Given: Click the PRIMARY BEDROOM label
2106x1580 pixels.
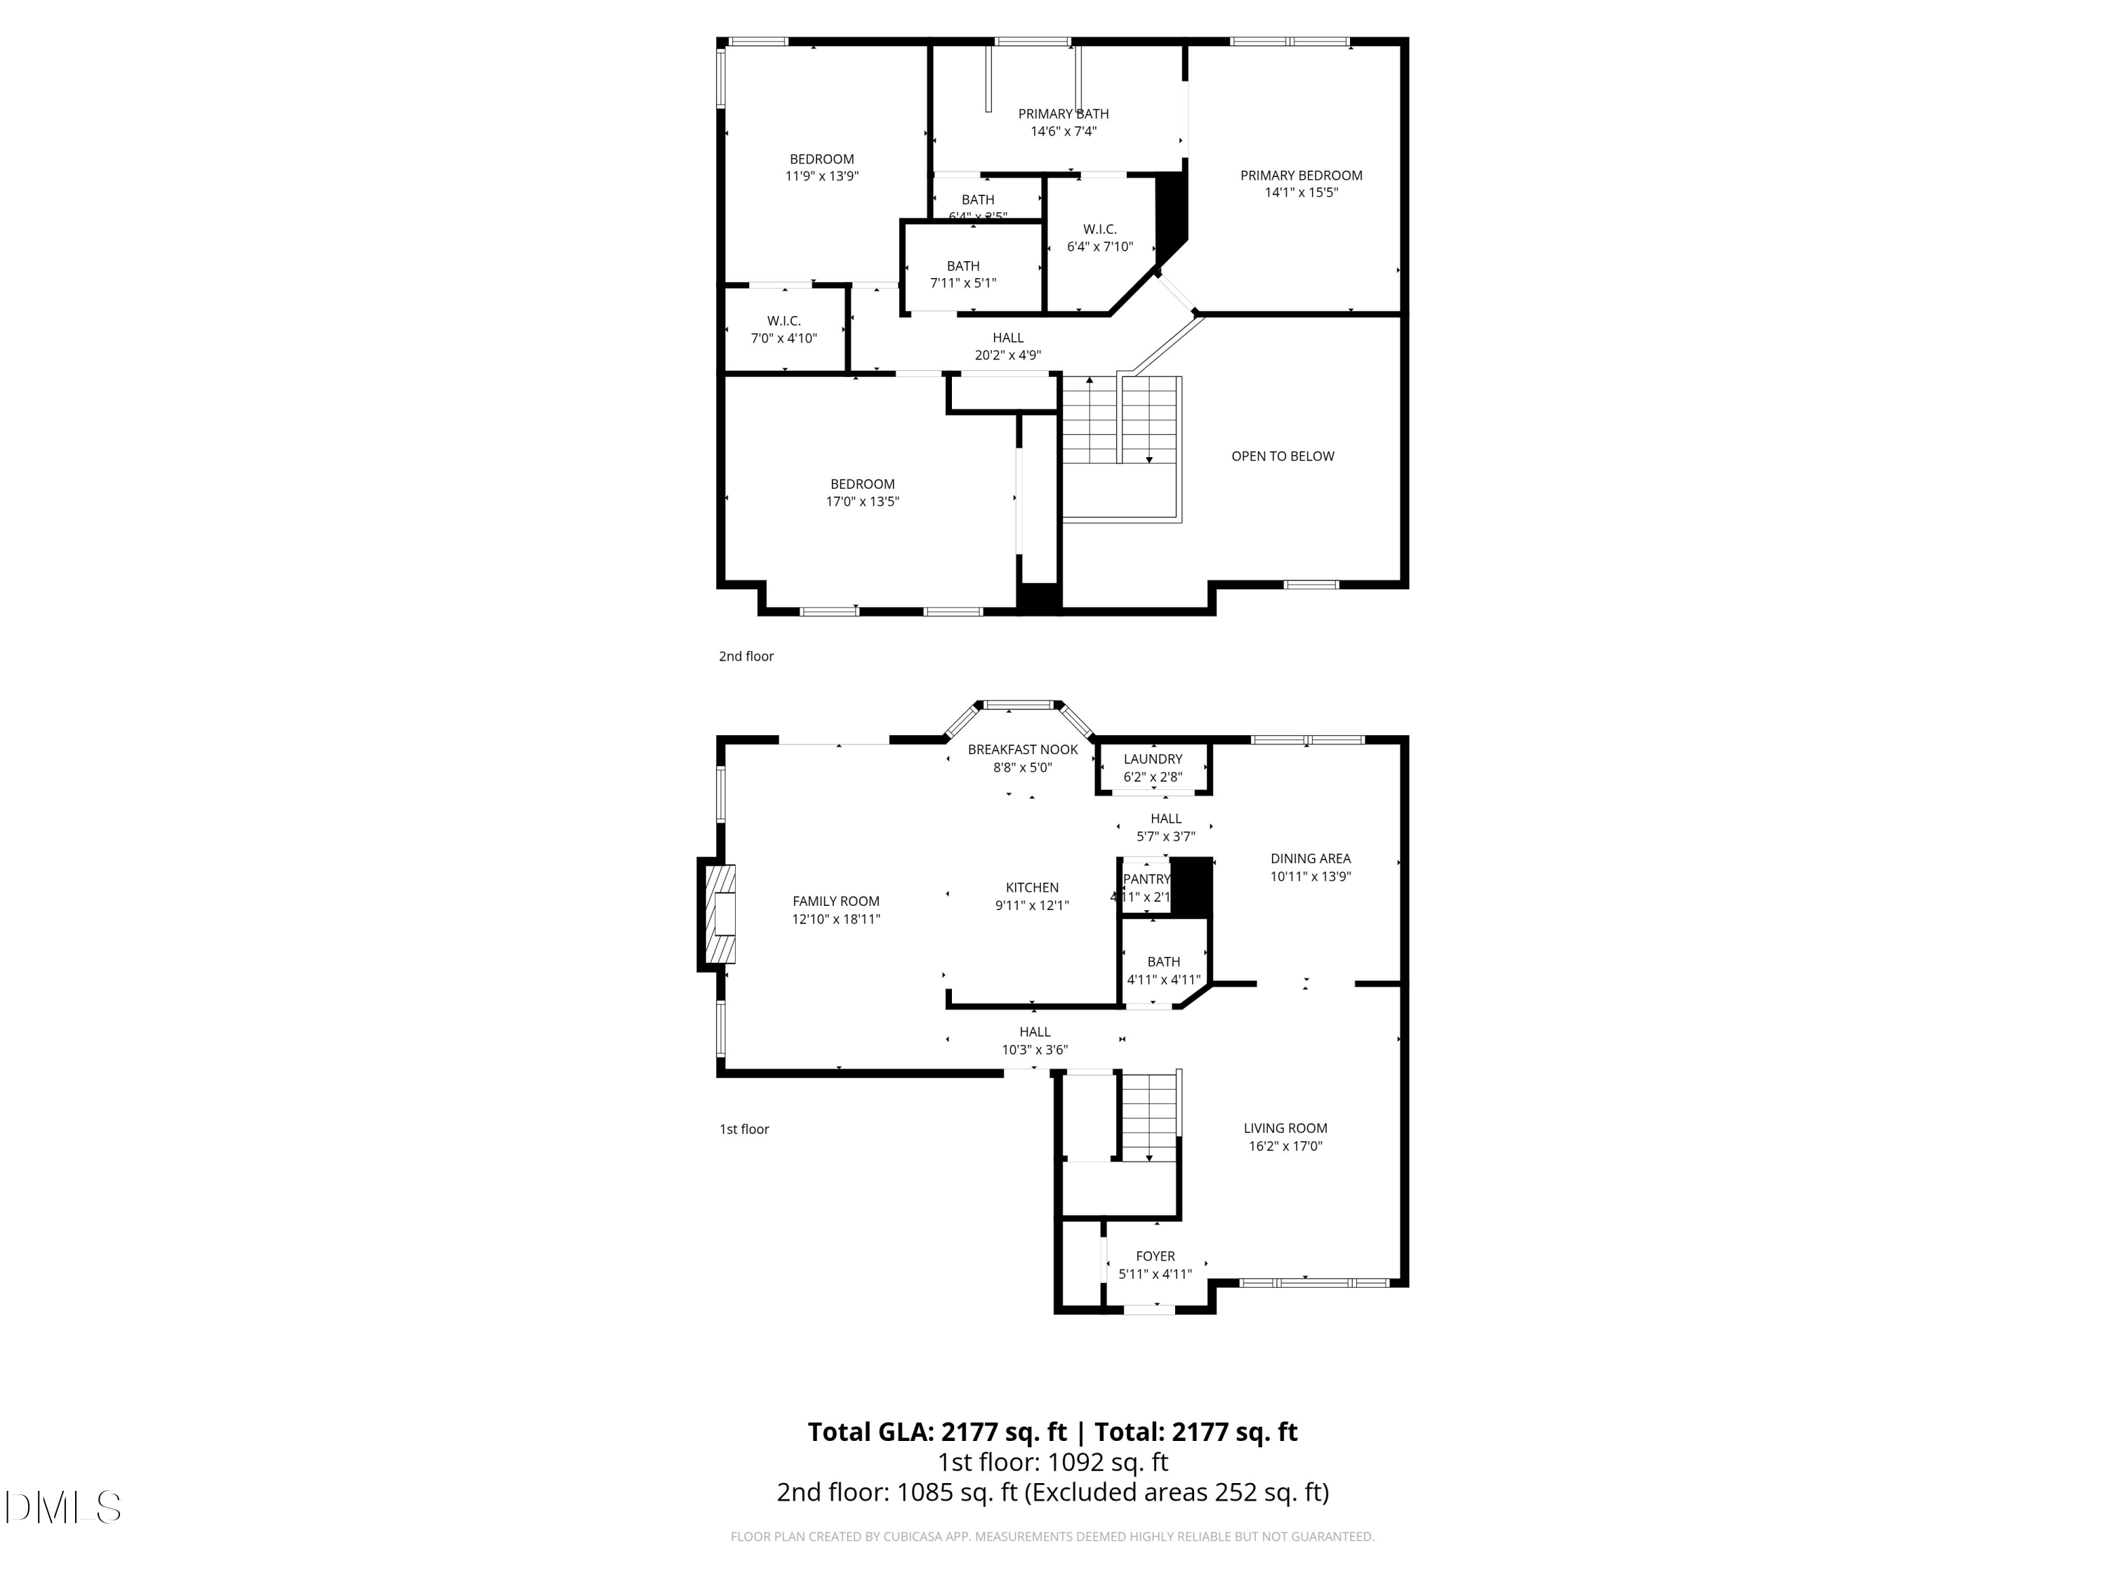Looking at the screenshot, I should coord(1301,176).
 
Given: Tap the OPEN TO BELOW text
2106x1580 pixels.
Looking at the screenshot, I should coord(1283,456).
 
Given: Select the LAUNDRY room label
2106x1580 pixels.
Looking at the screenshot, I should coord(1152,759).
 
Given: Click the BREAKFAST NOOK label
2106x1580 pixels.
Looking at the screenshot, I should coord(1023,749).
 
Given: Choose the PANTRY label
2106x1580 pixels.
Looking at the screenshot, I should coord(1146,879).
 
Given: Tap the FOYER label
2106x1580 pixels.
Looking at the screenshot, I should coord(1155,1256).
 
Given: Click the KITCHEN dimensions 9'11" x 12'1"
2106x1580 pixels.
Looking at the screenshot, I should coord(1032,906).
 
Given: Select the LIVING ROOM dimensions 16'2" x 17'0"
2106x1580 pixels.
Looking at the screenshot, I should coord(1285,1146).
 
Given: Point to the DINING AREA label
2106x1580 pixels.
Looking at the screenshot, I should coord(1310,858).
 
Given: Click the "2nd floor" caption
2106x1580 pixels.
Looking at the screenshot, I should coord(746,656).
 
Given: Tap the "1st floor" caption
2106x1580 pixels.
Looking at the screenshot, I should coord(743,1128).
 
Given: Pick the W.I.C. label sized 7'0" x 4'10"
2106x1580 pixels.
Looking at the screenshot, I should coord(783,321).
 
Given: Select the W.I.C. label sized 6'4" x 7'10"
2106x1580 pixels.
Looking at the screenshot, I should coord(1099,230).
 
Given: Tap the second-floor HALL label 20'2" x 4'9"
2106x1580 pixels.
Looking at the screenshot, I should coord(1007,338).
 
